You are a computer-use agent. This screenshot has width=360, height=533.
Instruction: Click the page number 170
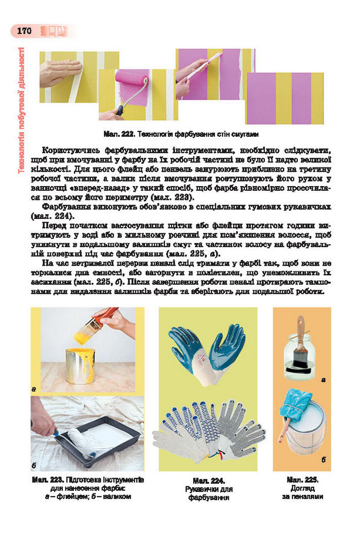(24, 31)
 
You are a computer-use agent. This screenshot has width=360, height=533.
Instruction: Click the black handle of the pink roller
(120, 109)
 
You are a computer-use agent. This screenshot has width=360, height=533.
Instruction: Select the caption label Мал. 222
(119, 134)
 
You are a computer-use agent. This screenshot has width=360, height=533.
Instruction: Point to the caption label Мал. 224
(208, 481)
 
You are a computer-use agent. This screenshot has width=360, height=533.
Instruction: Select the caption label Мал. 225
(302, 480)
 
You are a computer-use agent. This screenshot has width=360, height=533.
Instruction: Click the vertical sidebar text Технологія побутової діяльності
(22, 111)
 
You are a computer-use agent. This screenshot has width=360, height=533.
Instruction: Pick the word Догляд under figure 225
(302, 488)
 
